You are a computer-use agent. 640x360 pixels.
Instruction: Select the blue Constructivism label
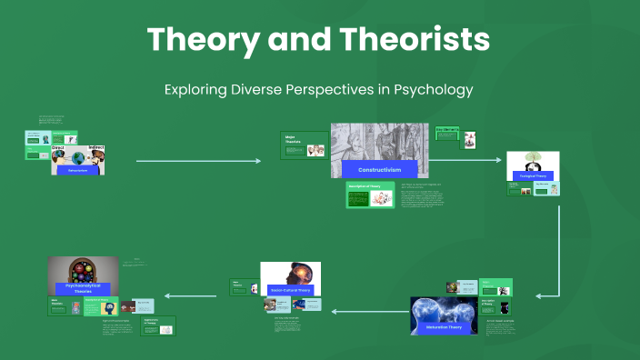tap(380, 170)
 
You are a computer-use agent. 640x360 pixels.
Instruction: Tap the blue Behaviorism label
tap(77, 169)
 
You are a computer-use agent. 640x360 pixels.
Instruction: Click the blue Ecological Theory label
tap(533, 175)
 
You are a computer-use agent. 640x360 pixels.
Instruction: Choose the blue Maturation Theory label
tap(444, 327)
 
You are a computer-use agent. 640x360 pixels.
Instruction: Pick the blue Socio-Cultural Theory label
tap(290, 289)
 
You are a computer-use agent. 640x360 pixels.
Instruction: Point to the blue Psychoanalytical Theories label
tap(84, 289)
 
